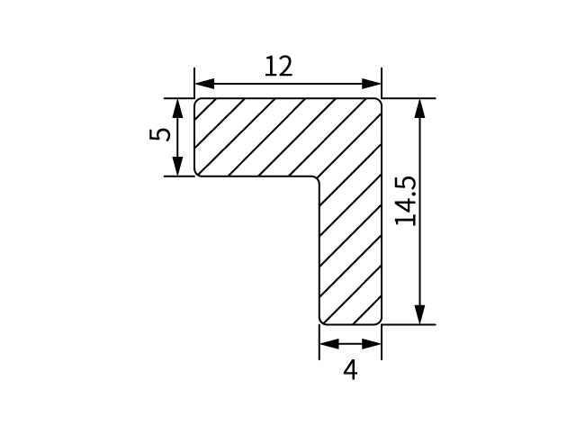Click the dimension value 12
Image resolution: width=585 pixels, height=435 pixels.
[278, 67]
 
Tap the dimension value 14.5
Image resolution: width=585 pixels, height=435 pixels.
[405, 201]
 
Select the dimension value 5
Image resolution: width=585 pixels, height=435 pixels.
[159, 136]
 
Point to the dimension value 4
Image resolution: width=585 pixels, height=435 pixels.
[350, 370]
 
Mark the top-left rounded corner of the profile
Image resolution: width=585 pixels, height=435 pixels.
[198, 101]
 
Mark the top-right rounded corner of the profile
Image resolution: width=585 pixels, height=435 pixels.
[378, 102]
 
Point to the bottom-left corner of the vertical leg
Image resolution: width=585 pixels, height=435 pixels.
[323, 321]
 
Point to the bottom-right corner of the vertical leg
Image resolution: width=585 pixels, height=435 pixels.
[378, 321]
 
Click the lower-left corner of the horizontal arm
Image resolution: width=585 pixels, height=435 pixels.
[198, 173]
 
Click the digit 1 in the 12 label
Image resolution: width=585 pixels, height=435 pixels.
[270, 67]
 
